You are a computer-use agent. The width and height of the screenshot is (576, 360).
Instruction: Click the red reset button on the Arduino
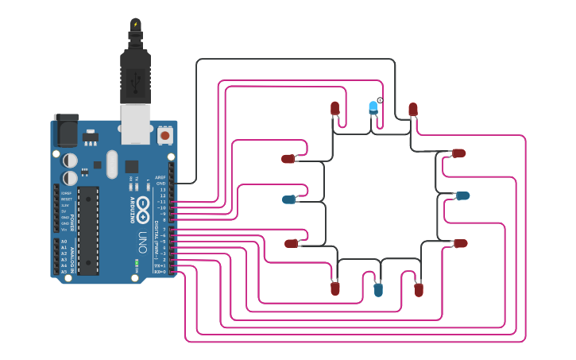click(x=165, y=136)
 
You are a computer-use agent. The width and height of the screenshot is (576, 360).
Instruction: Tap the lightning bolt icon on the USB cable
click(x=136, y=24)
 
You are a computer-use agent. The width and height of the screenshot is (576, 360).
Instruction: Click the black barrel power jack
click(x=66, y=130)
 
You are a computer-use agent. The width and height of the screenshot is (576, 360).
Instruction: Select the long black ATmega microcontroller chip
click(x=88, y=230)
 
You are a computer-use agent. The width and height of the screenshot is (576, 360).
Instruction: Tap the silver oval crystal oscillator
click(x=111, y=165)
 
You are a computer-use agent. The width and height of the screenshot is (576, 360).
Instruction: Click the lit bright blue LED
click(x=373, y=107)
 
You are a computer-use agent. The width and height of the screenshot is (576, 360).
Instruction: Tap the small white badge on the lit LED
click(x=380, y=100)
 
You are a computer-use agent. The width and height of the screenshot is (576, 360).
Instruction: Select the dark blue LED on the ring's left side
click(x=289, y=199)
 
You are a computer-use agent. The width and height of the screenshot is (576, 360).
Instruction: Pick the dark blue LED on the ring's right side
click(x=462, y=195)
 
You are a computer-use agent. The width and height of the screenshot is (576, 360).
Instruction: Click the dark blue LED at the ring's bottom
click(x=378, y=290)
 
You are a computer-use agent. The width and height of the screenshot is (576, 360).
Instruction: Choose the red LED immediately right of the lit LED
click(x=413, y=109)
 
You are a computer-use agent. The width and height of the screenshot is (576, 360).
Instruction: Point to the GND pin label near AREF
click(x=160, y=184)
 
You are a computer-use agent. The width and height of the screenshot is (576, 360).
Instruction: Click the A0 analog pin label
click(x=64, y=242)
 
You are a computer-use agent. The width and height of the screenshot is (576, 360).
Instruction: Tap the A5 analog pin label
click(x=64, y=272)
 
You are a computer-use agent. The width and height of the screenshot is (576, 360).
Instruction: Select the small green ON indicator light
click(x=137, y=261)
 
